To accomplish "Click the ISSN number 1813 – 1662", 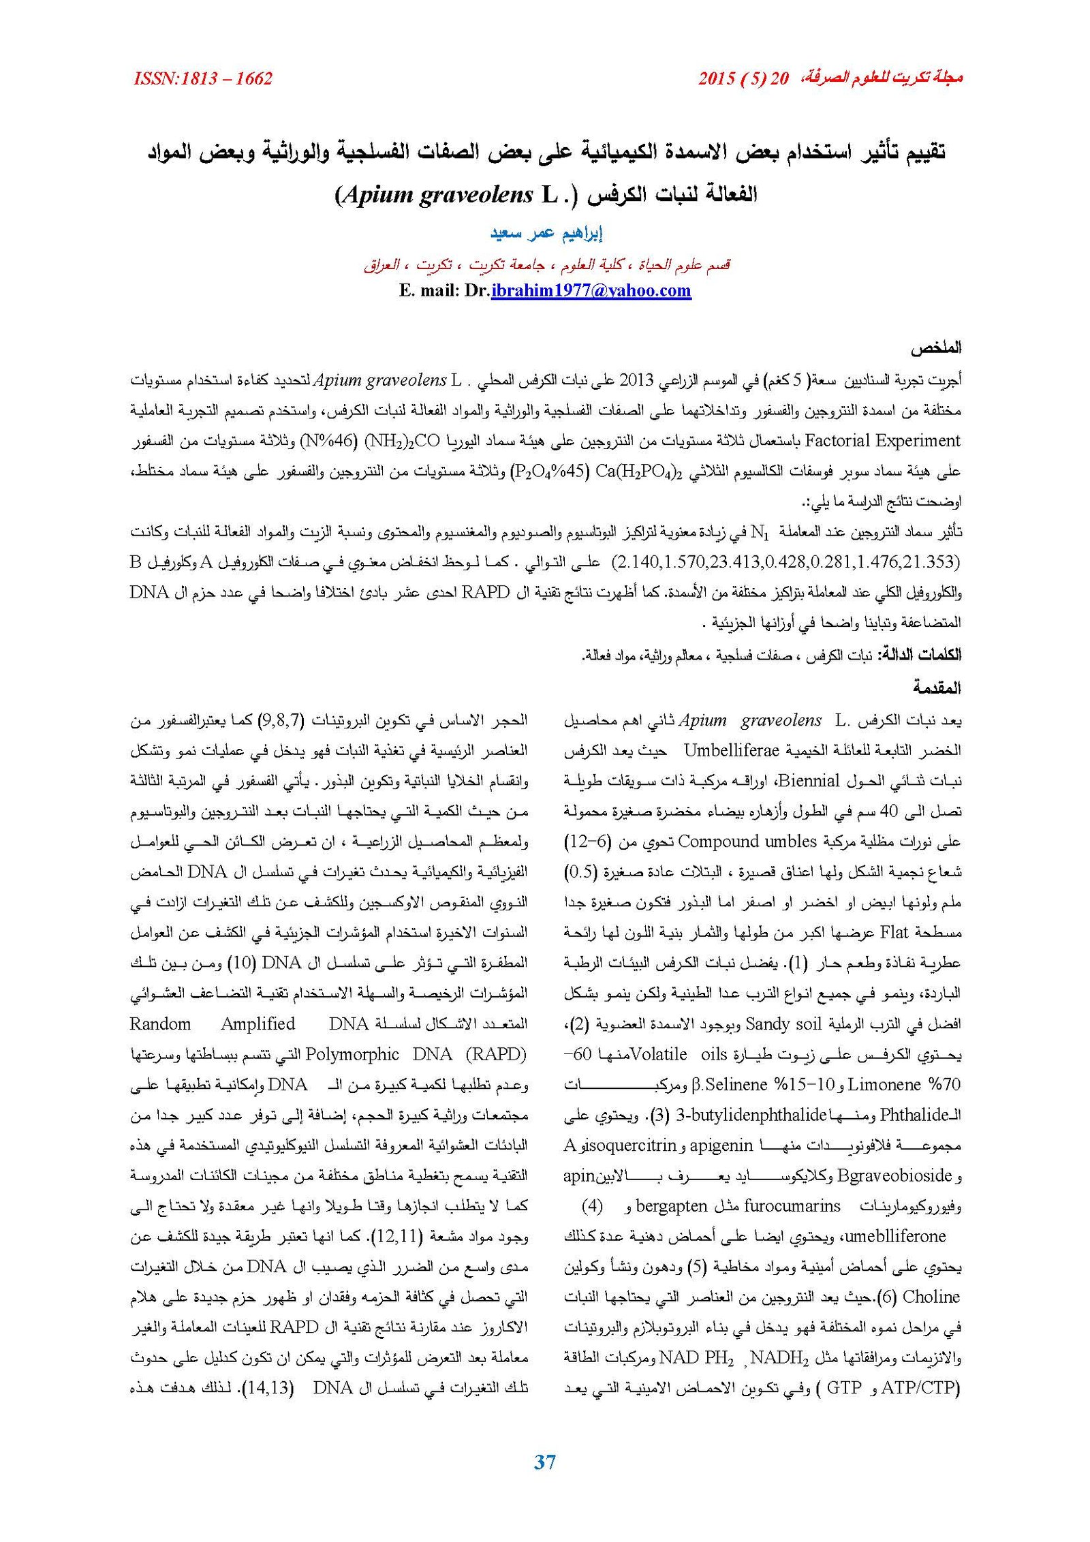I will coord(203,78).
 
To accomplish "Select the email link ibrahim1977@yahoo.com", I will coord(591,291).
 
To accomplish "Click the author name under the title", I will coord(546,233).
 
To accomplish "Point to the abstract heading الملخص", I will coord(936,348).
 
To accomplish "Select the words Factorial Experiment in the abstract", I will coord(882,441).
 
